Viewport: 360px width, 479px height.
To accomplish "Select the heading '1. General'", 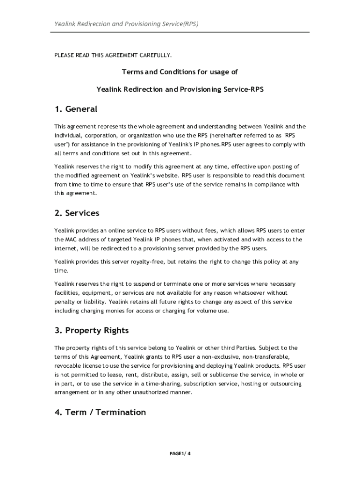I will point(76,109).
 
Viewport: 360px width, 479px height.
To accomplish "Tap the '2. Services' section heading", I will point(77,213).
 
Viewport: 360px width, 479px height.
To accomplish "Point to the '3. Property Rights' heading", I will point(91,330).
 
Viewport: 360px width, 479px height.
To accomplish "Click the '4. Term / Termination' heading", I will point(100,412).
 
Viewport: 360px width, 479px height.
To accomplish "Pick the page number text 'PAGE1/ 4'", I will point(180,454).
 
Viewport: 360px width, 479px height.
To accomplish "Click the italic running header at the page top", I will point(126,23).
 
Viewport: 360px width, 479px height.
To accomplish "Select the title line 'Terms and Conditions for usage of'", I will point(180,72).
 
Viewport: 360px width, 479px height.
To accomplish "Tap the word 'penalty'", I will point(64,302).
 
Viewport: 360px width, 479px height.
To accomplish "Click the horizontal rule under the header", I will point(180,32).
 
